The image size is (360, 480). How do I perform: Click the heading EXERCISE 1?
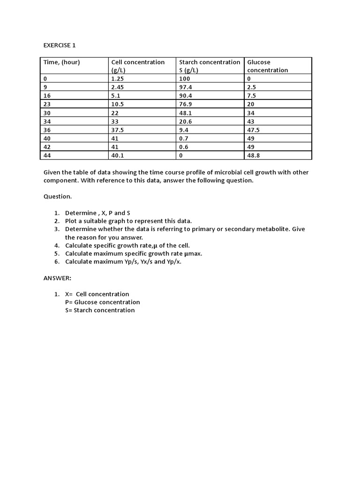[x=59, y=45]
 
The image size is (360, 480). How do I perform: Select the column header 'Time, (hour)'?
[x=61, y=62]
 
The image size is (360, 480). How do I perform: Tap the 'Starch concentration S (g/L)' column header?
[x=210, y=66]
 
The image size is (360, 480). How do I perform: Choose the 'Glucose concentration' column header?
[x=268, y=66]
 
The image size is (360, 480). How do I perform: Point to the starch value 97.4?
[x=186, y=87]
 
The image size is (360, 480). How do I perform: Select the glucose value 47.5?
[x=254, y=130]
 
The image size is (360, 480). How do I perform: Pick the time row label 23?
[x=47, y=104]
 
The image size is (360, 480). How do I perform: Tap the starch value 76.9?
[x=186, y=104]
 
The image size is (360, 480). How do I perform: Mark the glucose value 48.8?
[x=254, y=156]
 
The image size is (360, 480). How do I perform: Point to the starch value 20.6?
[x=186, y=121]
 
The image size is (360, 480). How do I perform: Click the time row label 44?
[x=47, y=156]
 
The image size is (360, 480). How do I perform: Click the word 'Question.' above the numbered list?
[x=58, y=197]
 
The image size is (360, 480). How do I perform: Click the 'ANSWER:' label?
[x=57, y=278]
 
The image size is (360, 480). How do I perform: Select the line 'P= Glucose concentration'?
[x=103, y=302]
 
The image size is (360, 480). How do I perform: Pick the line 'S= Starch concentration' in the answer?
[x=100, y=310]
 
